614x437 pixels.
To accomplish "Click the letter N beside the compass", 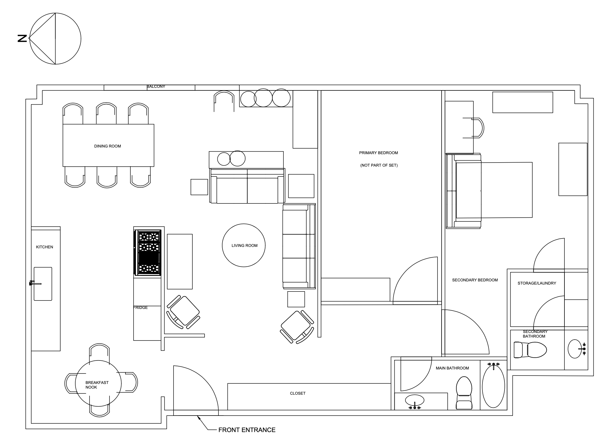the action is point(22,39).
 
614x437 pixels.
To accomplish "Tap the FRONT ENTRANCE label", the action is point(247,430).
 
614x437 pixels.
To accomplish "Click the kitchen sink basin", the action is point(43,284).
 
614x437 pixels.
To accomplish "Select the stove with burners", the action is point(147,252).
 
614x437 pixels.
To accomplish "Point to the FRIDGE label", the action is point(141,307).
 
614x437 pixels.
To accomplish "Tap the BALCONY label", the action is point(156,86).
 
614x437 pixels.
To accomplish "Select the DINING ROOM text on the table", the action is point(108,146).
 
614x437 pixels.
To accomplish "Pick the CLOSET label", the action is point(298,393).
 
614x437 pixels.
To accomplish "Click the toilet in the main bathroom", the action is point(464,393).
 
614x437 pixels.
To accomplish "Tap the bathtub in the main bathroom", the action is point(493,386).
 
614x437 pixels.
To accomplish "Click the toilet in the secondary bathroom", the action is point(530,350).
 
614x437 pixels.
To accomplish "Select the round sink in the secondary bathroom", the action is point(575,349).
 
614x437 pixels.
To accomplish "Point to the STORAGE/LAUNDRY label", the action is point(537,283).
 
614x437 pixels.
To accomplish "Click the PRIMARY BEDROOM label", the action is point(378,153).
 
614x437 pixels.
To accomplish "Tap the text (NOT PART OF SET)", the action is point(379,165).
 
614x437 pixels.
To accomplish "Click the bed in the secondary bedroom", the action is point(490,190).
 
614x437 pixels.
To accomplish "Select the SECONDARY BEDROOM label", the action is point(475,280).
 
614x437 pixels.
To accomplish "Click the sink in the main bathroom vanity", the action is point(415,400).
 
